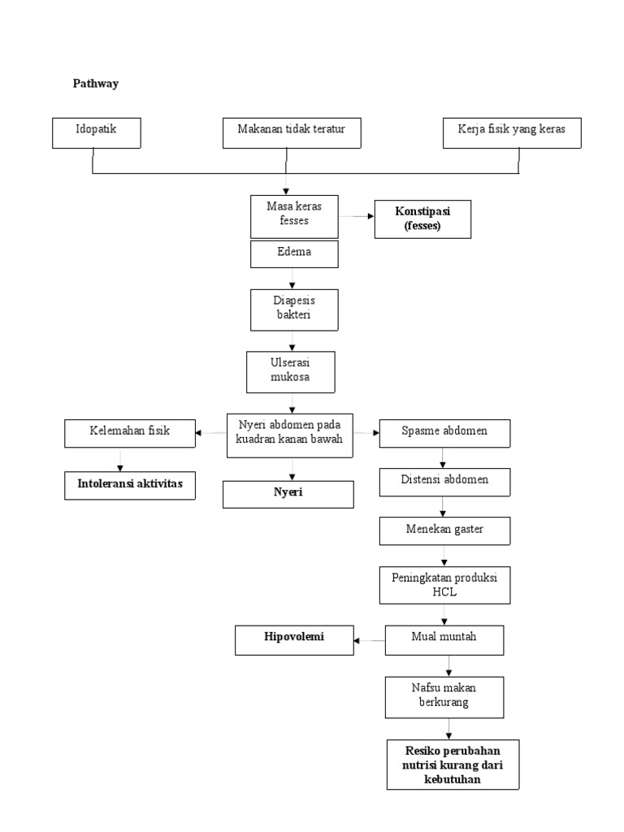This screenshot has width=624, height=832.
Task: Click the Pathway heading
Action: (x=95, y=84)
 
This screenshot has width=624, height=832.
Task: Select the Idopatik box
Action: (x=97, y=133)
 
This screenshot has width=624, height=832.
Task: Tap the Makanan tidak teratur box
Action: (x=291, y=133)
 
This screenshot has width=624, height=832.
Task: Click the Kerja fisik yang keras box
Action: (x=512, y=133)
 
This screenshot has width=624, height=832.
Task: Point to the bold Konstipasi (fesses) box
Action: (x=422, y=219)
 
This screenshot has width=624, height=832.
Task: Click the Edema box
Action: (x=293, y=253)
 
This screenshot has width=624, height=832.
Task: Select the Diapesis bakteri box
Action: (x=293, y=309)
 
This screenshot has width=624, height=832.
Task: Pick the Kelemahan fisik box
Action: (x=130, y=432)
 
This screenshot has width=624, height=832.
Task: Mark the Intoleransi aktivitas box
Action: (x=130, y=485)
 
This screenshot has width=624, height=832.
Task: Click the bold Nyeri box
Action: (x=288, y=494)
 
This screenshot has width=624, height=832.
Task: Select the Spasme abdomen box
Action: (x=444, y=432)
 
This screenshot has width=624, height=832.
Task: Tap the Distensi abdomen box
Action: (x=444, y=481)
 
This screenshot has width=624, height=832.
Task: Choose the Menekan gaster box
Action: (x=444, y=531)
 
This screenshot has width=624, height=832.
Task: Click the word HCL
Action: (x=445, y=592)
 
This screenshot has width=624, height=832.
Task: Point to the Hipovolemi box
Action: (x=294, y=639)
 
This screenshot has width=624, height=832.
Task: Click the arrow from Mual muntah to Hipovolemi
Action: (x=370, y=640)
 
